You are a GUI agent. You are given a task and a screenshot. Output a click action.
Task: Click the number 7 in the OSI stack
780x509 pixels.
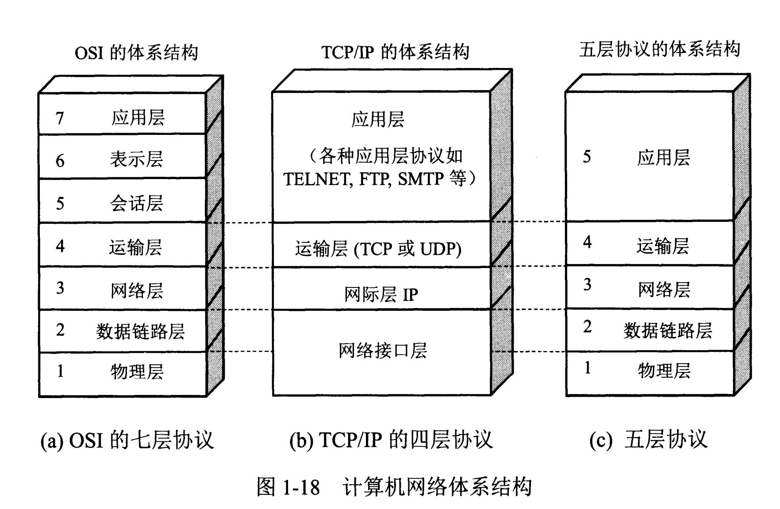60,118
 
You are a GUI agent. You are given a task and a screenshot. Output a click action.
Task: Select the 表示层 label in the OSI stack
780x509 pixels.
136,159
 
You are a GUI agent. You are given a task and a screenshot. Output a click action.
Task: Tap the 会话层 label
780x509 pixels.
136,203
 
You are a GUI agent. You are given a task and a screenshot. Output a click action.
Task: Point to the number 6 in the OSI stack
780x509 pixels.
60,161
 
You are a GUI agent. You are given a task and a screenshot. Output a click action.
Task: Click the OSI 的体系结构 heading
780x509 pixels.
136,53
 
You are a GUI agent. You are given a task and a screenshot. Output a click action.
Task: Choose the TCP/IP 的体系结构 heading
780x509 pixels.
395,52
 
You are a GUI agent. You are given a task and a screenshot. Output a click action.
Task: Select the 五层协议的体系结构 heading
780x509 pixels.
659,49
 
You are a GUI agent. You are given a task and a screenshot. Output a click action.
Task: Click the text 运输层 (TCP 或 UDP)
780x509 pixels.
378,249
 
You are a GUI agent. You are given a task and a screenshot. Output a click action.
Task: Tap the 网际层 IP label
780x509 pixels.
381,294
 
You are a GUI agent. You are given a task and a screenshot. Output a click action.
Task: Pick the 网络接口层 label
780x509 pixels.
383,351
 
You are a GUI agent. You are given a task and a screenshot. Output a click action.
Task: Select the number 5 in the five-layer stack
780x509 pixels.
587,157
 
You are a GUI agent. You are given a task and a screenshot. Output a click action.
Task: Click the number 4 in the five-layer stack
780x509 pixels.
587,242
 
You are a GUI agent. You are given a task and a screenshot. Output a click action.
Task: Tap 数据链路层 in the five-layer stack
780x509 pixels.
668,330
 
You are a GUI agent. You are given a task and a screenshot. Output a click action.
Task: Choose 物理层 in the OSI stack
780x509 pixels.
137,371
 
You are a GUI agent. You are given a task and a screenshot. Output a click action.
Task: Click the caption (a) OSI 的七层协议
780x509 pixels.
127,440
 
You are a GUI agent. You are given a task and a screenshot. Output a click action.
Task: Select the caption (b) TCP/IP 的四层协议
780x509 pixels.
391,440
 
